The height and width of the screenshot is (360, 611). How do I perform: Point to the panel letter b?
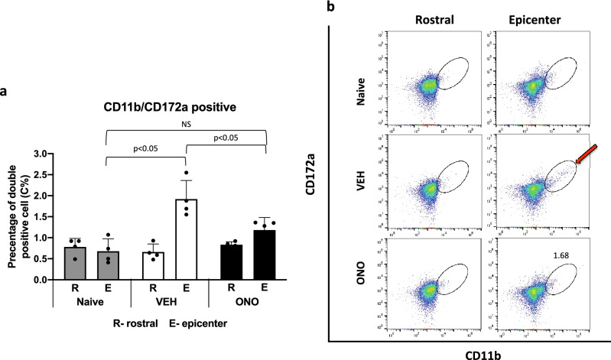pos(330,7)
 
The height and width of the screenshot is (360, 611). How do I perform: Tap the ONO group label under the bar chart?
pos(249,303)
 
